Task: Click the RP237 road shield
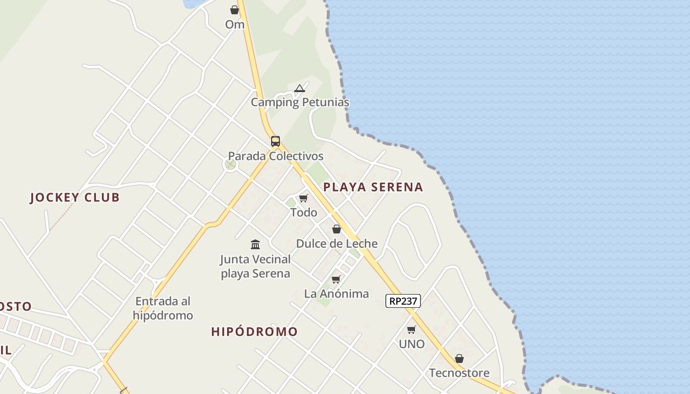pyautogui.click(x=403, y=301)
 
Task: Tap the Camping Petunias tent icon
pyautogui.click(x=299, y=89)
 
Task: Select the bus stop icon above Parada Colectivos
pyautogui.click(x=275, y=141)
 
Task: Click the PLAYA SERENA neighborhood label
pyautogui.click(x=373, y=187)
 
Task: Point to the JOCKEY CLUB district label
pyautogui.click(x=75, y=197)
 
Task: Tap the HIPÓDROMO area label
pyautogui.click(x=254, y=332)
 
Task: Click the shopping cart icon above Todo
pyautogui.click(x=303, y=198)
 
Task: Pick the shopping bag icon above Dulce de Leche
pyautogui.click(x=337, y=229)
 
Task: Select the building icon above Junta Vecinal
pyautogui.click(x=255, y=244)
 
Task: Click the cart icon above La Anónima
pyautogui.click(x=336, y=280)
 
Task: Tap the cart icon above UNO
pyautogui.click(x=411, y=330)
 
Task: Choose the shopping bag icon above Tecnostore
pyautogui.click(x=459, y=359)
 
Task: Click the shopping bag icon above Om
pyautogui.click(x=235, y=10)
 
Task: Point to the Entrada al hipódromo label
pyautogui.click(x=163, y=308)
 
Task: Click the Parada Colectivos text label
pyautogui.click(x=276, y=156)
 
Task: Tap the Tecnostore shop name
pyautogui.click(x=459, y=373)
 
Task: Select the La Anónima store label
pyautogui.click(x=336, y=294)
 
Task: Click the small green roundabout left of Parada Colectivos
pyautogui.click(x=230, y=164)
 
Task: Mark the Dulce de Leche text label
pyautogui.click(x=337, y=243)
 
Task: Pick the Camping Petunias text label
pyautogui.click(x=300, y=102)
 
